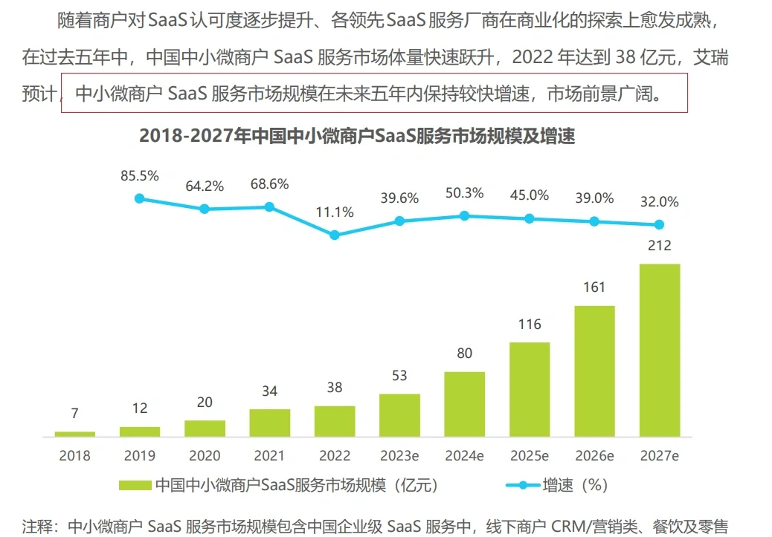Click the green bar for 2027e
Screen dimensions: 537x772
click(x=659, y=350)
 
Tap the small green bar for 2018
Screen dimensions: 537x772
click(x=74, y=433)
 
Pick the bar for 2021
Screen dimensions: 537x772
click(x=269, y=422)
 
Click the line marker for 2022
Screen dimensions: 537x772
click(x=335, y=235)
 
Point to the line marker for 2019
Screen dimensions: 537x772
click(x=139, y=198)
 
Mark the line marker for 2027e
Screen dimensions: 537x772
click(x=659, y=224)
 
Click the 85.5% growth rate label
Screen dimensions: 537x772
click(x=140, y=176)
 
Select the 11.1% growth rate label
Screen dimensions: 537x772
click(x=335, y=212)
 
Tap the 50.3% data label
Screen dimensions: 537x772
click(x=464, y=193)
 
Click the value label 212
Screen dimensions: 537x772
click(x=659, y=246)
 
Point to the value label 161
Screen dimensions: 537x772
click(x=594, y=287)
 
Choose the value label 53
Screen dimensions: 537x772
click(x=399, y=376)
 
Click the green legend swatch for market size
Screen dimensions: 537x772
click(x=135, y=486)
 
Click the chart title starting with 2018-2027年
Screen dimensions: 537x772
click(x=357, y=137)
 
